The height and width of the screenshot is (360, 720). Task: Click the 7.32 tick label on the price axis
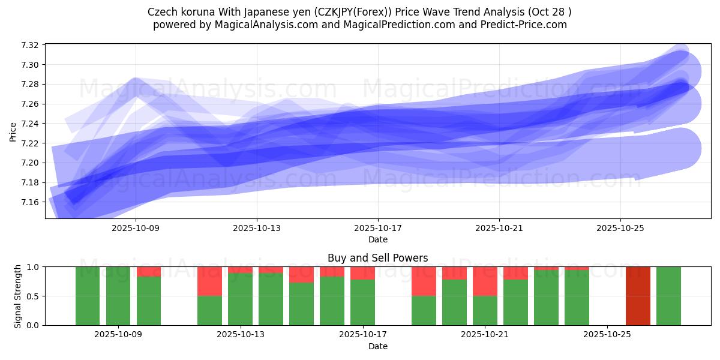click(29, 46)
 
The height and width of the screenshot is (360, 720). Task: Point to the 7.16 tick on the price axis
click(29, 202)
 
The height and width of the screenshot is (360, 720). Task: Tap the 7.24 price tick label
click(29, 124)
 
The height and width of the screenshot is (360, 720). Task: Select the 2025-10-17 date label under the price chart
click(378, 228)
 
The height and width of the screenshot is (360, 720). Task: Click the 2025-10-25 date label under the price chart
click(620, 228)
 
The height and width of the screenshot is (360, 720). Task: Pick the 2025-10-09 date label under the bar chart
click(118, 335)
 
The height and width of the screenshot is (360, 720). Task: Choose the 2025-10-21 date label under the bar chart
click(485, 335)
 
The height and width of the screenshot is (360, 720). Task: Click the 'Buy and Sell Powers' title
click(378, 259)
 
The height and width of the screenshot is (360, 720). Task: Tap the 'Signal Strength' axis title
click(18, 296)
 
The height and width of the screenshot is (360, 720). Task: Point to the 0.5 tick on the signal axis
click(34, 296)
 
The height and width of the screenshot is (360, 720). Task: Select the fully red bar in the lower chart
click(638, 296)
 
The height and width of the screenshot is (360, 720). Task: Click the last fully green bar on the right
click(668, 296)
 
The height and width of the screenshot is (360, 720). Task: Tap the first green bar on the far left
click(88, 296)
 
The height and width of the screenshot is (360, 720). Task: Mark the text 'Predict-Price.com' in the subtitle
click(526, 25)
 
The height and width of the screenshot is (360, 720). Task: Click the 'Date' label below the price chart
click(378, 239)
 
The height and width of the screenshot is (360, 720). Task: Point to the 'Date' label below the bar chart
click(378, 346)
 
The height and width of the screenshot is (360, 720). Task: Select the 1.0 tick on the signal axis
click(34, 267)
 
